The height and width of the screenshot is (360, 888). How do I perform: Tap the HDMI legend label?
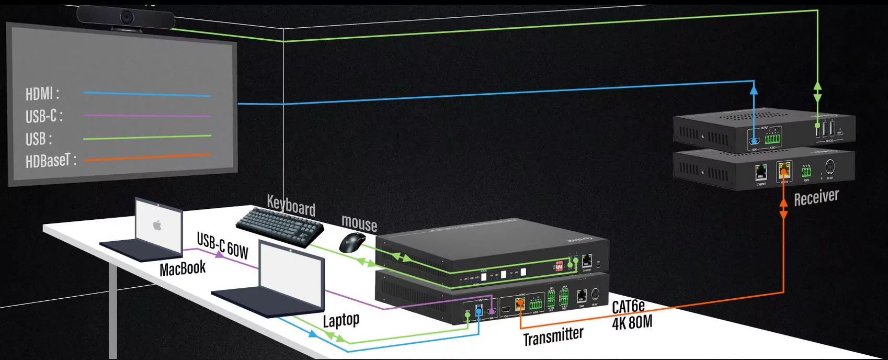42,94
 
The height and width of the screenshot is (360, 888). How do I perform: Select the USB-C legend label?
44,116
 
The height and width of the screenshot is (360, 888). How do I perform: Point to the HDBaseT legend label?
51,161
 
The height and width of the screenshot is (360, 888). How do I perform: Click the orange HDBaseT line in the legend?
147,156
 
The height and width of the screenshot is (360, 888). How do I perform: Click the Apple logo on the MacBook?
157,226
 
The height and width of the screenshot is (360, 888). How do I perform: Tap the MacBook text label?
183,268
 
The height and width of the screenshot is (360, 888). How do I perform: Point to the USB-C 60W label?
222,245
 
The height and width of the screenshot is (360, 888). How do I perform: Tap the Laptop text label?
341,320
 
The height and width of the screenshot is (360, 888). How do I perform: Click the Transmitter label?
553,335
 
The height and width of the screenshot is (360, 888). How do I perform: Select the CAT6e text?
628,306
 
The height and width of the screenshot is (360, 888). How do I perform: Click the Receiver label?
816,198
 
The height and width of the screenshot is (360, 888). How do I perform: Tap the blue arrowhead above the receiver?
754,89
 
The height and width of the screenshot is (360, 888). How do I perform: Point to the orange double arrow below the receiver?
783,208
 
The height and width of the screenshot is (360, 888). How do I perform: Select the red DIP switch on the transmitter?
559,266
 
